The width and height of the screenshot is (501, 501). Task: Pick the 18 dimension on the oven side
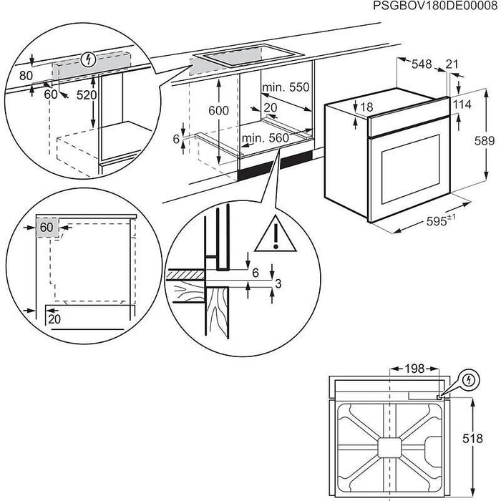[366, 107]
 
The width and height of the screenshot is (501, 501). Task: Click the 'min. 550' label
[286, 87]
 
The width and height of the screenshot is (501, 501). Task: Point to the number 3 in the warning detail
[278, 285]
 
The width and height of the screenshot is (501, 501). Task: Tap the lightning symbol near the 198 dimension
[468, 379]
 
